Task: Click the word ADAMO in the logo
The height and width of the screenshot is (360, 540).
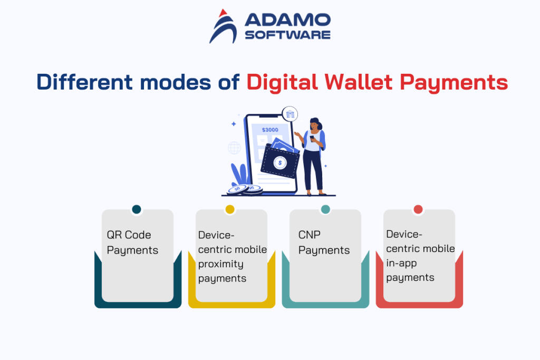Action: click(287, 21)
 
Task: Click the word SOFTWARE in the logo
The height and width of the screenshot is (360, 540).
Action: click(287, 35)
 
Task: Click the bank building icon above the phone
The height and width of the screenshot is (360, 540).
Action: click(290, 114)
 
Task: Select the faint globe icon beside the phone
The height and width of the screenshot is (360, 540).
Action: click(234, 148)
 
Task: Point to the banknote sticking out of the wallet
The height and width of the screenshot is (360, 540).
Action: click(285, 144)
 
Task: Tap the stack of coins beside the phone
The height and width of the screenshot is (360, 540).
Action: click(245, 189)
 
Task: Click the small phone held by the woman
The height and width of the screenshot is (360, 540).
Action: click(312, 138)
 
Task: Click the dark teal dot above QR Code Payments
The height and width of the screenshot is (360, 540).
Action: click(137, 209)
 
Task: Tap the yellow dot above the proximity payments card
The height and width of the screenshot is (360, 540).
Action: click(230, 209)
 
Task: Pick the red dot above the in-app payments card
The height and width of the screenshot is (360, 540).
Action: click(418, 209)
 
